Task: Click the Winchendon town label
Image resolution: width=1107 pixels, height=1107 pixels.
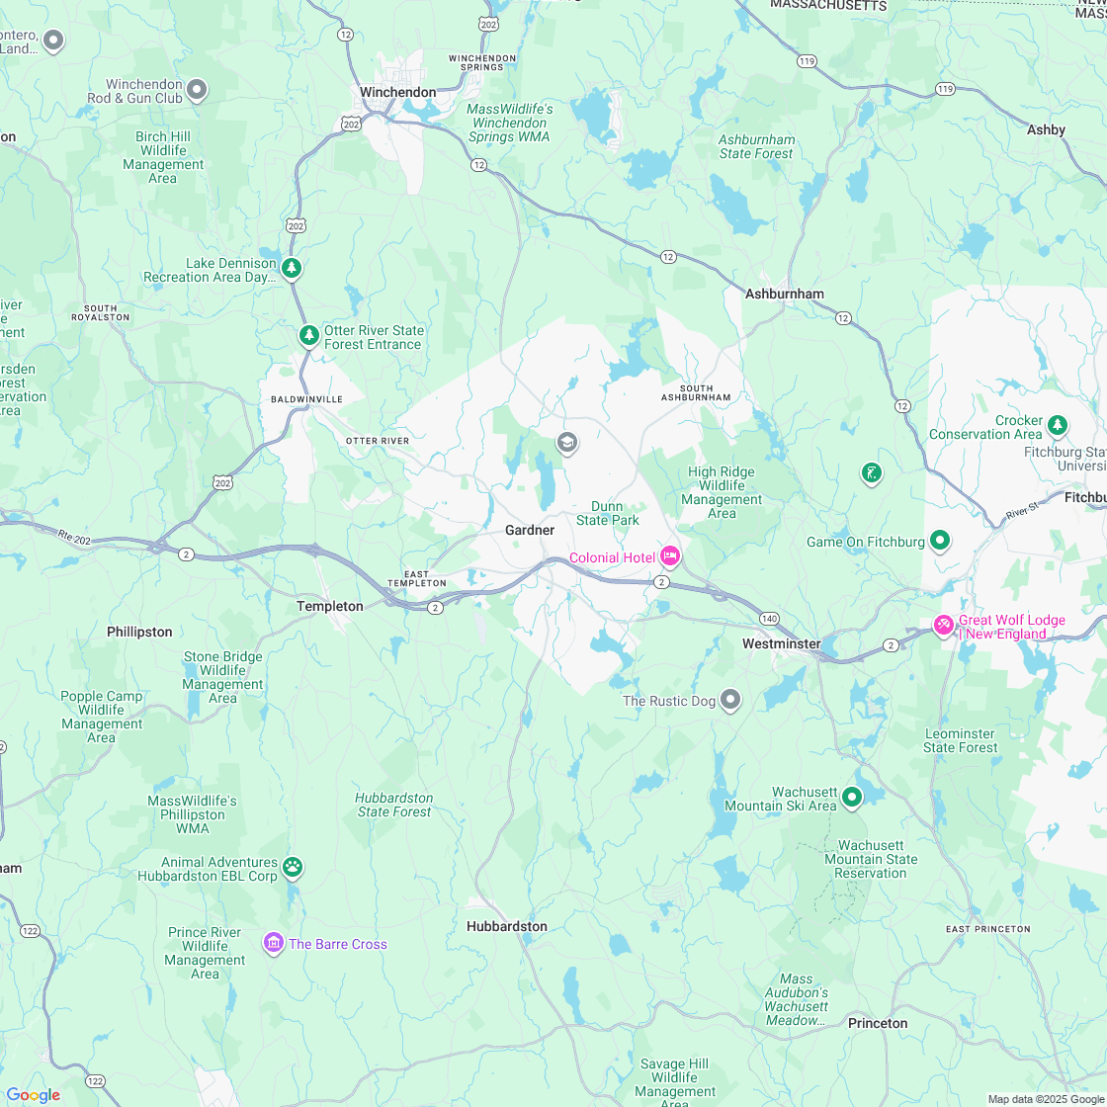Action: click(x=397, y=92)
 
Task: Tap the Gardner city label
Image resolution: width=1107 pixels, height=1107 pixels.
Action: click(x=530, y=531)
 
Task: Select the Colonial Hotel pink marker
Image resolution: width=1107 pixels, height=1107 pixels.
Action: click(x=670, y=557)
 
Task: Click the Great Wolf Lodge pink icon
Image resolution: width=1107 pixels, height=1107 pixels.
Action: click(x=943, y=626)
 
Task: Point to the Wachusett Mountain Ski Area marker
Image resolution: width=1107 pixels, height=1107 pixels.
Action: click(x=851, y=797)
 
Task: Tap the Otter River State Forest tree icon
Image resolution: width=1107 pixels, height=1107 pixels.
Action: click(x=309, y=336)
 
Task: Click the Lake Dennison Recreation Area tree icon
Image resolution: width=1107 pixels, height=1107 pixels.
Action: click(x=291, y=268)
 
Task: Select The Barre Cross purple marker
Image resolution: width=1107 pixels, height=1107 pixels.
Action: click(x=273, y=943)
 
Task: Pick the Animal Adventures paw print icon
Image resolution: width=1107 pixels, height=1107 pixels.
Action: click(x=293, y=868)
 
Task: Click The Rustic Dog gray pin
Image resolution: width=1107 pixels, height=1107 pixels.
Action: click(x=730, y=700)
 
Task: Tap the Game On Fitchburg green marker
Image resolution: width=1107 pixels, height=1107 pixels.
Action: click(x=940, y=541)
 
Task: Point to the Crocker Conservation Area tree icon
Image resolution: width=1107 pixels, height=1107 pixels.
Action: click(x=1058, y=425)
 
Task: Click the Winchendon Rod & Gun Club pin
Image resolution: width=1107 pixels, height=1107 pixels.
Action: click(x=197, y=90)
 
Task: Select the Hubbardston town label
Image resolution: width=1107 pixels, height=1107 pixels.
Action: click(x=506, y=926)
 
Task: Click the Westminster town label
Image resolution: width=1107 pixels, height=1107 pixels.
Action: click(x=782, y=643)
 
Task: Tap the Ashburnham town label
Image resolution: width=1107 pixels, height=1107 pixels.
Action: click(x=784, y=294)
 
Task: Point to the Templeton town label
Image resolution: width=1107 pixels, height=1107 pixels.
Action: click(x=330, y=606)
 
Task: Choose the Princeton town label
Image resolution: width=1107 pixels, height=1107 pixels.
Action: click(x=877, y=1023)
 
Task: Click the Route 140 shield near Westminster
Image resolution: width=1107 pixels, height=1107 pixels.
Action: click(x=768, y=618)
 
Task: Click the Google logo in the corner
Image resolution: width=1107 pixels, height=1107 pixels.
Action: click(x=33, y=1094)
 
